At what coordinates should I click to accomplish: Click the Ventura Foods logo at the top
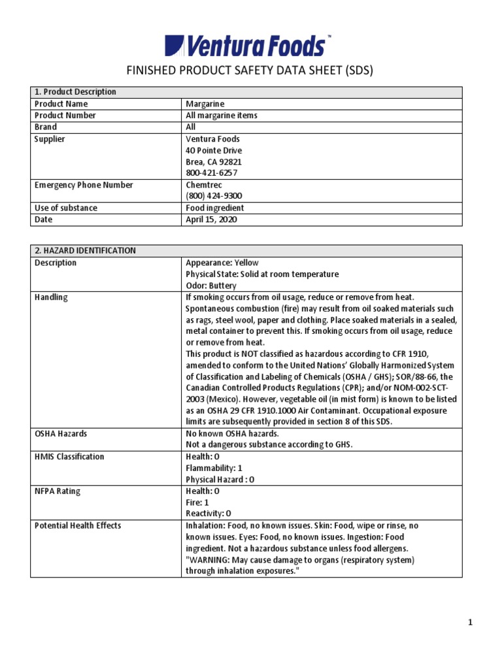coord(250,46)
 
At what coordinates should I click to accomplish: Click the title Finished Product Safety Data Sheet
coord(250,71)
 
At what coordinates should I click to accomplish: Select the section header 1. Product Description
coord(75,92)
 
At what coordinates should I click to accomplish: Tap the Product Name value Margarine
coord(206,104)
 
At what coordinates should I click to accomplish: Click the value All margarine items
coord(222,116)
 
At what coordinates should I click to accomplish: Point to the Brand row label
coord(46,127)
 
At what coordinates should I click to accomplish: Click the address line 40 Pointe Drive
coord(214,150)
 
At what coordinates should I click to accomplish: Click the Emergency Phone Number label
coord(84,185)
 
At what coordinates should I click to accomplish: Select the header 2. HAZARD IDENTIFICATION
coord(85,251)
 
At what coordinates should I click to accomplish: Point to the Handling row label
coord(51,297)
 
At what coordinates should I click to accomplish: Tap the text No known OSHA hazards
coord(232,433)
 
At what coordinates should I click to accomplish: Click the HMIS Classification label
coord(69,457)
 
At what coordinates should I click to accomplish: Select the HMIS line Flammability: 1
coord(214,468)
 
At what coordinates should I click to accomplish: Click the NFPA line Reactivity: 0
coord(209,514)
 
